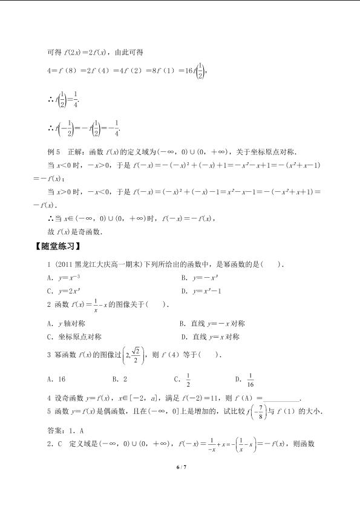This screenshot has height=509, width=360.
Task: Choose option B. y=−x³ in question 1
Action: tap(198, 277)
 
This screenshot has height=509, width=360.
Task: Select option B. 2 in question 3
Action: tap(120, 379)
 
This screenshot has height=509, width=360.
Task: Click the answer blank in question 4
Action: tap(282, 398)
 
